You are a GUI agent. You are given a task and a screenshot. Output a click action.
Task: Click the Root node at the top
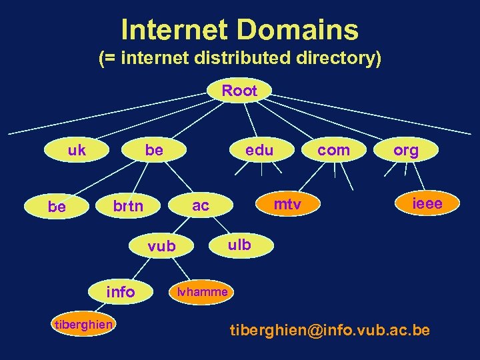[x=239, y=91]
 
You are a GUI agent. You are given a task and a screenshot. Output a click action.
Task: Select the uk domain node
[x=77, y=150]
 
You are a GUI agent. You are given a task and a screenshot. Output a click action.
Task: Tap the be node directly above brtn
[x=154, y=150]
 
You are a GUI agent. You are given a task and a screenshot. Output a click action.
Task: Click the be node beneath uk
[x=57, y=207]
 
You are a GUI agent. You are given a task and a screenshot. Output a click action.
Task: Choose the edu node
[x=259, y=150]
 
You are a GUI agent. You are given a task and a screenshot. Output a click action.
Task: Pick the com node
[x=333, y=150]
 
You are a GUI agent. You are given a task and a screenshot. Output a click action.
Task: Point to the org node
[x=406, y=150]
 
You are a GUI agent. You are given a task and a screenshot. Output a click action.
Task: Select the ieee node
[x=427, y=203]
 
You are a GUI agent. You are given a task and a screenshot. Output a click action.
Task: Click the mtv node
[x=287, y=203]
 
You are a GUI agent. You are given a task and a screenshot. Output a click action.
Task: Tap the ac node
[x=201, y=206]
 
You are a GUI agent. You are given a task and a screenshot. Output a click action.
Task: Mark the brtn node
[x=127, y=206]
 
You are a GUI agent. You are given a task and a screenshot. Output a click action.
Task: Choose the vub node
[x=162, y=246]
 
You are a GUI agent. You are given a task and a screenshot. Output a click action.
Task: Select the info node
[x=121, y=291]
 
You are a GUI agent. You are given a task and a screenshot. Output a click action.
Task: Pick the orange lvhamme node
[x=202, y=291]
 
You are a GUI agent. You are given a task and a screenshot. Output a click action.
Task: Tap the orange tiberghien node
[x=83, y=324]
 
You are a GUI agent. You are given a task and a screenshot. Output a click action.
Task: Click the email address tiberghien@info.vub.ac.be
[x=330, y=330]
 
